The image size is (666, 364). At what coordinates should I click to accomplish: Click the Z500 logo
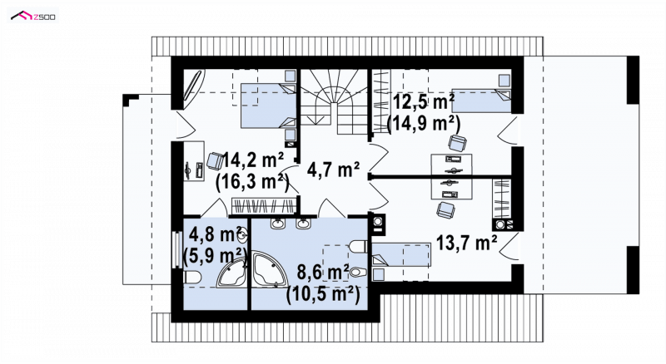33,17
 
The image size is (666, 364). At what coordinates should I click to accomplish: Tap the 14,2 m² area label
253,160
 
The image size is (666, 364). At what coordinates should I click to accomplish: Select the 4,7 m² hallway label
334,170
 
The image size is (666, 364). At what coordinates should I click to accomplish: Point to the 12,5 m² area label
424,102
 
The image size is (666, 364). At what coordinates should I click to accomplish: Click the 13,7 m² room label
467,243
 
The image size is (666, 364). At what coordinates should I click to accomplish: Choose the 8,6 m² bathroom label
323,272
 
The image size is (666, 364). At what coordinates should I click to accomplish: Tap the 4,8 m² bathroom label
216,234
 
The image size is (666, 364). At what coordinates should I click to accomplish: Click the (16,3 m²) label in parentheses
252,183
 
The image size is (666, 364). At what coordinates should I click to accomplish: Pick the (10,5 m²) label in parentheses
323,294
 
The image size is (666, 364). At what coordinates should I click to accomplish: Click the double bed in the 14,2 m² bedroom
268,106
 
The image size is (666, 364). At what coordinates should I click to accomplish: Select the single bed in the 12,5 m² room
481,101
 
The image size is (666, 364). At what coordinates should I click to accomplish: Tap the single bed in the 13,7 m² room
401,255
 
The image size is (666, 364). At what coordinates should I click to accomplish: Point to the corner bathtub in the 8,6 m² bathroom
268,269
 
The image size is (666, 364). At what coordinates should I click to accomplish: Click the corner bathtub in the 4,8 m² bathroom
232,273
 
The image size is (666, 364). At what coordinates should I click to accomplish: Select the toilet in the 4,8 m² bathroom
192,278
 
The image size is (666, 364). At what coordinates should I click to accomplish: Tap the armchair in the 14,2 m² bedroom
215,161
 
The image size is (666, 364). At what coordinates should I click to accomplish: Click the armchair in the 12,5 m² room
457,143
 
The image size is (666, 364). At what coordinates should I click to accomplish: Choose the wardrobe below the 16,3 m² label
263,206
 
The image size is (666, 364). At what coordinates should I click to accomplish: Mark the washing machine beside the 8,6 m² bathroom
377,224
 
